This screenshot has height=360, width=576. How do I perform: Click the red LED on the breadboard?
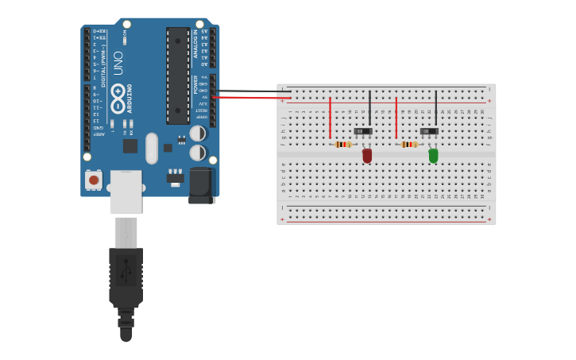367,155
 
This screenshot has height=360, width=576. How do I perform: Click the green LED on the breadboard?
433,155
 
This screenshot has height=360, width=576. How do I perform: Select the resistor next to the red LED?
343,144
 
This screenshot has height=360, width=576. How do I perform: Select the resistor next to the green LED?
409,144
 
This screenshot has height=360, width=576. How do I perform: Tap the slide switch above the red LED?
363,130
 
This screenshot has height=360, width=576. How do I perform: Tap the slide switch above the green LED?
429,130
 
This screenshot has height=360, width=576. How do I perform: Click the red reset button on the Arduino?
94,180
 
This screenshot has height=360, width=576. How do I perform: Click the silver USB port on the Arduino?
126,192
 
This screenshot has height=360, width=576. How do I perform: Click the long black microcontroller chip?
178,75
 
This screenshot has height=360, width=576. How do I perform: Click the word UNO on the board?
118,63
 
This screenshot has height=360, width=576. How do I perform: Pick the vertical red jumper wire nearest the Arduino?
330,118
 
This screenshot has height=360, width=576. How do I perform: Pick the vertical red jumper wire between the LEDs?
396,118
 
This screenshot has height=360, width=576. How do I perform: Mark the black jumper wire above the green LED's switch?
435,106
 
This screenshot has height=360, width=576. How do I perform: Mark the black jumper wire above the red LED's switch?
369,106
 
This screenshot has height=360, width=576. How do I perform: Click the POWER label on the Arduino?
195,84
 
